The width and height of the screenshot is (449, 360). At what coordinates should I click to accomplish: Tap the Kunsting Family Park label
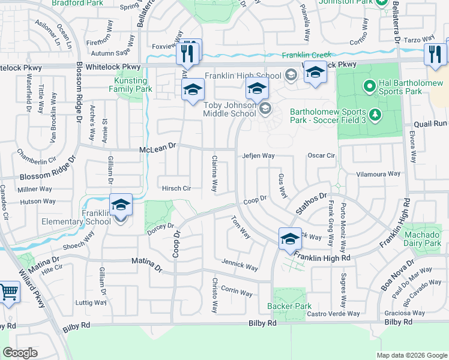pos(130,85)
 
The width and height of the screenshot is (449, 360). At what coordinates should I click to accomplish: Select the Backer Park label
pos(289,306)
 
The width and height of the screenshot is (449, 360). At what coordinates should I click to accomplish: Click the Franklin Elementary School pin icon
pos(121,206)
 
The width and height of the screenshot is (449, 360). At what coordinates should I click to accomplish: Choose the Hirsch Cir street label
pos(176,188)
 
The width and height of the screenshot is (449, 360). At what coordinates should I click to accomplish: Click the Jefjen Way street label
pos(258,155)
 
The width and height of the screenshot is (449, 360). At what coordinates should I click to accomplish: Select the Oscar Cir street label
pos(321,155)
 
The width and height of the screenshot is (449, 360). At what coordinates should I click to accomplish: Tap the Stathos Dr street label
pos(311,203)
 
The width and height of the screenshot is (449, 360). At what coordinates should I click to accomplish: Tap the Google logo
pos(20,352)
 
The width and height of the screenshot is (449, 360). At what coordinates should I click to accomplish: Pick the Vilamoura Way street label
pos(378,174)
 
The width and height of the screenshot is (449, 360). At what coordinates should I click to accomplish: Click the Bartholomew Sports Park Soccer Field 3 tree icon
pos(375,113)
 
